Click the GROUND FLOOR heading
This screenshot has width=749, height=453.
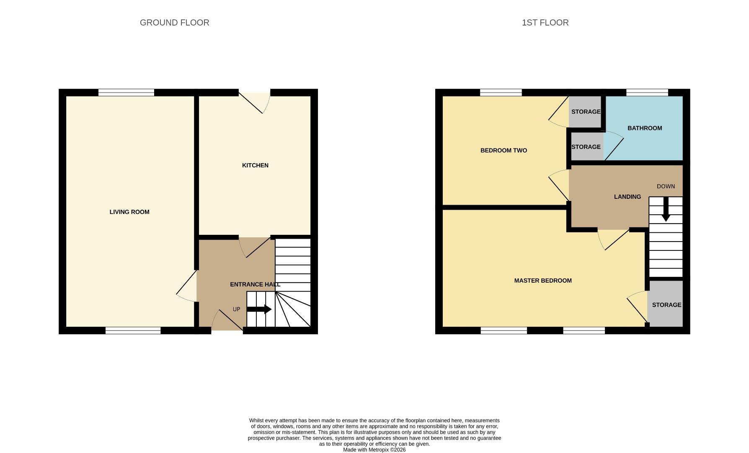pyautogui.click(x=174, y=23)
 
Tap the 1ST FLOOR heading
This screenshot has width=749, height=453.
pyautogui.click(x=545, y=23)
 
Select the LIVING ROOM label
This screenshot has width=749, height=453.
pyautogui.click(x=129, y=212)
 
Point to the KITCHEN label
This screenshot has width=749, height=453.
pyautogui.click(x=255, y=165)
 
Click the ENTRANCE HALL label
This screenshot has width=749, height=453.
pyautogui.click(x=255, y=284)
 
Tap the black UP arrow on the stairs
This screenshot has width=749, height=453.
pyautogui.click(x=259, y=310)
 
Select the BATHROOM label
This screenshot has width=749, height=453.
pyautogui.click(x=645, y=128)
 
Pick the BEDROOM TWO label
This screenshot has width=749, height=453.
pyautogui.click(x=504, y=150)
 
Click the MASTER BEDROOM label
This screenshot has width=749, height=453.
pyautogui.click(x=543, y=281)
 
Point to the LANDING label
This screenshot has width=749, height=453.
pyautogui.click(x=627, y=197)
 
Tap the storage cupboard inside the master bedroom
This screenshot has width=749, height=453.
pyautogui.click(x=666, y=305)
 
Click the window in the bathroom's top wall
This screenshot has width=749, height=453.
pyautogui.click(x=647, y=93)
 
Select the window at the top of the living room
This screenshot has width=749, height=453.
pyautogui.click(x=126, y=93)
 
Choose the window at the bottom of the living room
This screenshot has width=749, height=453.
pyautogui.click(x=133, y=331)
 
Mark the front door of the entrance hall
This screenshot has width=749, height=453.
pyautogui.click(x=227, y=323)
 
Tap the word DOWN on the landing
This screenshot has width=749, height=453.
pyautogui.click(x=666, y=186)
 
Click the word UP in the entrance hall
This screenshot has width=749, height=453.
pyautogui.click(x=236, y=309)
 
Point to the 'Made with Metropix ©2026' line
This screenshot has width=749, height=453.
pyautogui.click(x=374, y=450)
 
